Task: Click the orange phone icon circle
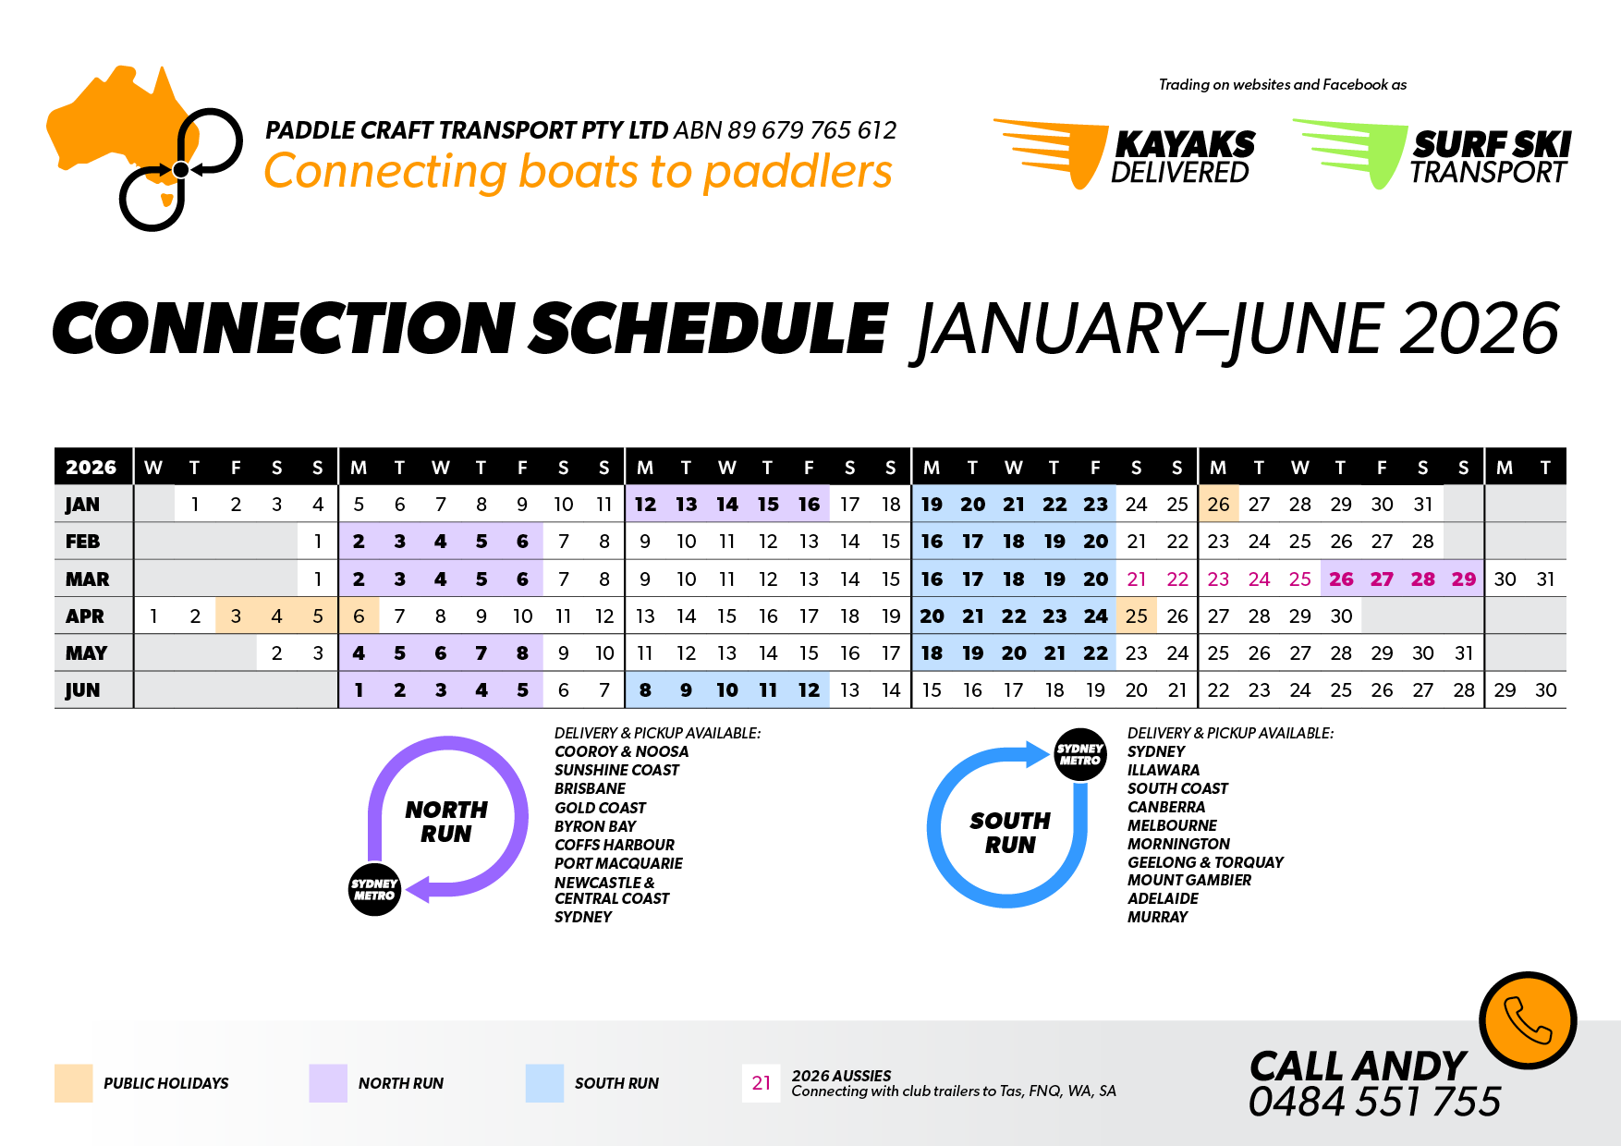(x=1528, y=1020)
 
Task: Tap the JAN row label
(x=82, y=505)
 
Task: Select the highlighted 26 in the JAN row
(x=1218, y=504)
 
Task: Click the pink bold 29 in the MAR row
(x=1464, y=579)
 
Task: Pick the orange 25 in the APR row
(x=1137, y=616)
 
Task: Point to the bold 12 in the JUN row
(x=809, y=690)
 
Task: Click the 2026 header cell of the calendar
(x=91, y=468)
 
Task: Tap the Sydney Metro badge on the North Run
(x=374, y=889)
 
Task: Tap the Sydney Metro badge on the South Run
(x=1080, y=754)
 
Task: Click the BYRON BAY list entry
(x=595, y=826)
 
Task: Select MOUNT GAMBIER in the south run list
(x=1189, y=880)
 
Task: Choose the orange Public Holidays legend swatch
(x=74, y=1083)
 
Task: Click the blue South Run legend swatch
(x=544, y=1083)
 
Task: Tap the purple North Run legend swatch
(x=328, y=1083)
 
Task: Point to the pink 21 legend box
(x=762, y=1083)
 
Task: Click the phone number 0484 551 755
(x=1374, y=1102)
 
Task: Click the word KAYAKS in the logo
(x=1185, y=144)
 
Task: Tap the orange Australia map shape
(x=116, y=129)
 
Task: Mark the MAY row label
(x=86, y=653)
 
